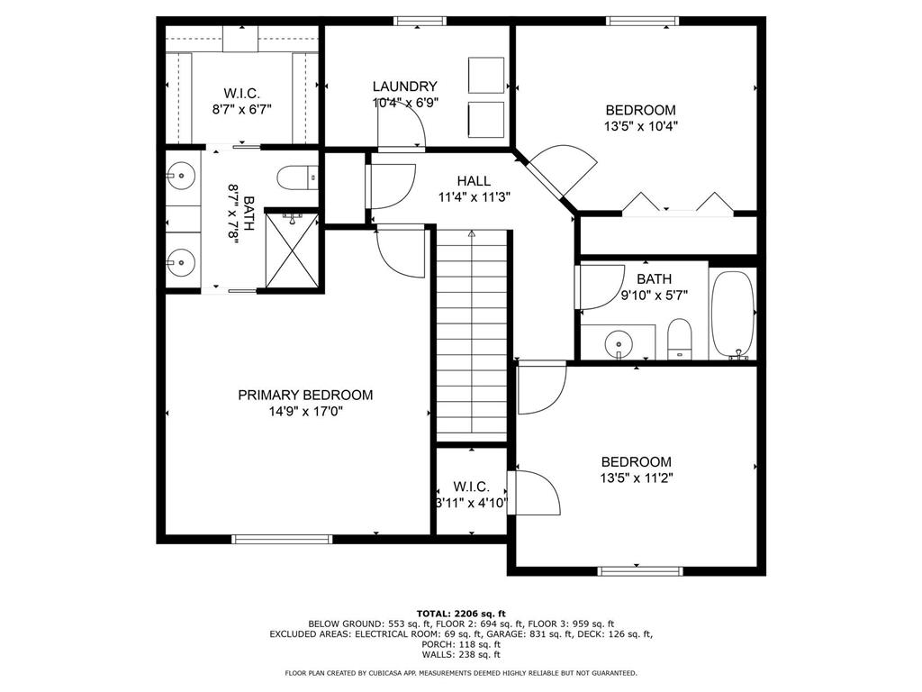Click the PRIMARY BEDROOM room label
(304, 395)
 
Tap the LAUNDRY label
(405, 86)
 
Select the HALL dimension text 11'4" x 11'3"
(475, 198)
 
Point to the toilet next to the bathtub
(679, 339)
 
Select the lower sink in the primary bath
(181, 262)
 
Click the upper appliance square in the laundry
(486, 74)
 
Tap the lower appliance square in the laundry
(486, 118)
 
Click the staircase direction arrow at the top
(471, 234)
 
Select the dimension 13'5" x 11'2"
(637, 478)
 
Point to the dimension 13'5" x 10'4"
(640, 127)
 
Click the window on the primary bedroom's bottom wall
(282, 539)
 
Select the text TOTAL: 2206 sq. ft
(461, 612)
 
